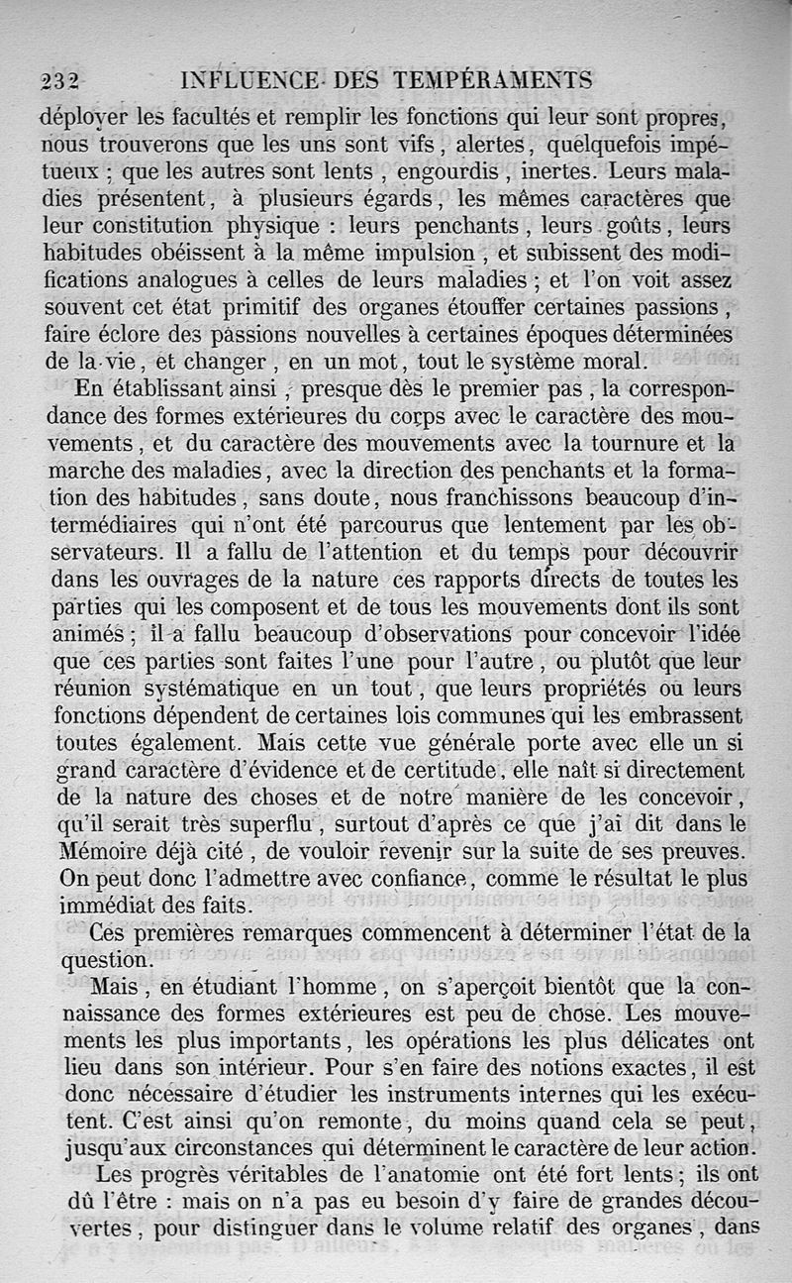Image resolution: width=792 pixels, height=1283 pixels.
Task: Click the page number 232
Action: click(59, 81)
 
